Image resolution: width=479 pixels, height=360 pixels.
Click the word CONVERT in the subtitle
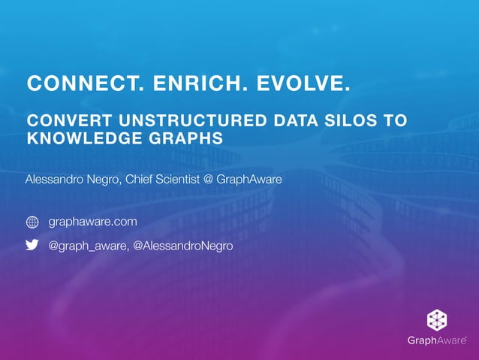coord(65,121)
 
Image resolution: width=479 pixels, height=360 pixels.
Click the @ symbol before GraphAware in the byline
coord(208,180)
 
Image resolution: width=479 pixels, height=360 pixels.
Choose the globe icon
coord(32,222)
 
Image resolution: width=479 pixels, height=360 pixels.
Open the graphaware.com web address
coord(92,222)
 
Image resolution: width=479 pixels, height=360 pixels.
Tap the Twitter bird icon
coord(32,245)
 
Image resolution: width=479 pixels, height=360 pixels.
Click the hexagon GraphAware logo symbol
coord(438,319)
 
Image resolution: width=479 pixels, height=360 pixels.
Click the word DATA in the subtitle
coord(294,121)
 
